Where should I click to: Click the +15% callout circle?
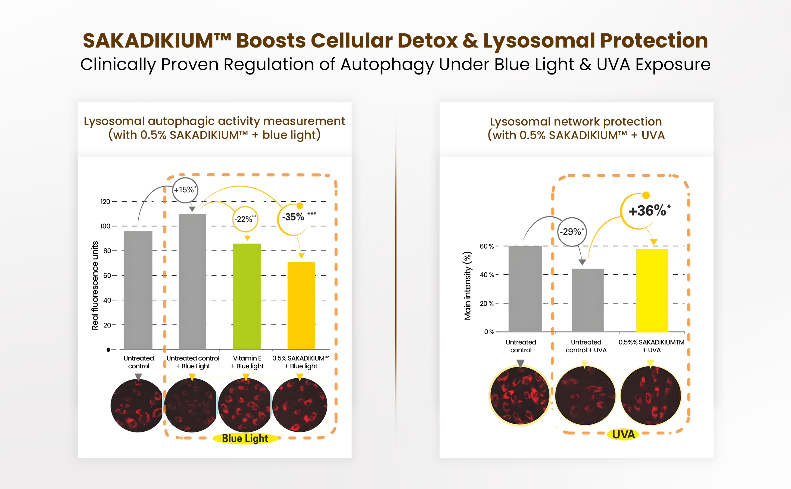click(x=185, y=190)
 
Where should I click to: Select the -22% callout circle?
click(x=245, y=219)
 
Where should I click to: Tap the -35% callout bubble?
click(x=293, y=217)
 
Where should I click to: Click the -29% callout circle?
click(x=572, y=231)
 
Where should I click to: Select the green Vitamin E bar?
click(x=247, y=296)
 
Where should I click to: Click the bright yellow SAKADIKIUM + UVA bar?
click(x=652, y=290)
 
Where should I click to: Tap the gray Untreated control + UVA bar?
click(x=587, y=300)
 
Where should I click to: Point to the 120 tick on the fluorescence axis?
click(x=105, y=202)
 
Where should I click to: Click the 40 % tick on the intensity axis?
click(x=487, y=275)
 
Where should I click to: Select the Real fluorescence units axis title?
click(x=95, y=285)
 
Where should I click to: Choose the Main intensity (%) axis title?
click(x=468, y=286)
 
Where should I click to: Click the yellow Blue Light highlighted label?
click(x=245, y=438)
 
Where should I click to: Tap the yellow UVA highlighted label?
click(x=623, y=434)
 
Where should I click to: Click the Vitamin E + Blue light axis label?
click(x=247, y=362)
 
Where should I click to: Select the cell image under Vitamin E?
click(x=245, y=405)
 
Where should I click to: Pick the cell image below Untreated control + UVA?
click(x=585, y=396)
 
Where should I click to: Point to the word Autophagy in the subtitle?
click(x=387, y=64)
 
